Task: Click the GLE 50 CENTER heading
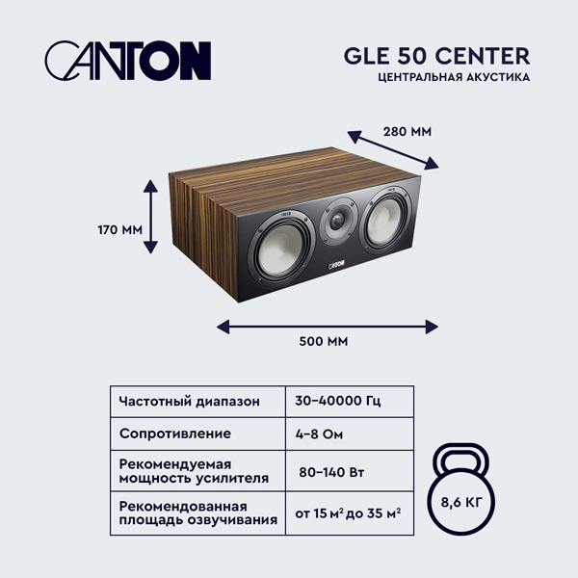point(436,55)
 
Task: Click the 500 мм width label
point(323,341)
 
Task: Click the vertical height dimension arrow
point(150,215)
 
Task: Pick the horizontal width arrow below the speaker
point(323,327)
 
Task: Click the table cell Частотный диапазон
point(189,401)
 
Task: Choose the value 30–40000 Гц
point(340,401)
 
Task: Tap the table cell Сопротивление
point(175,433)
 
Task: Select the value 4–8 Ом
point(320,433)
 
